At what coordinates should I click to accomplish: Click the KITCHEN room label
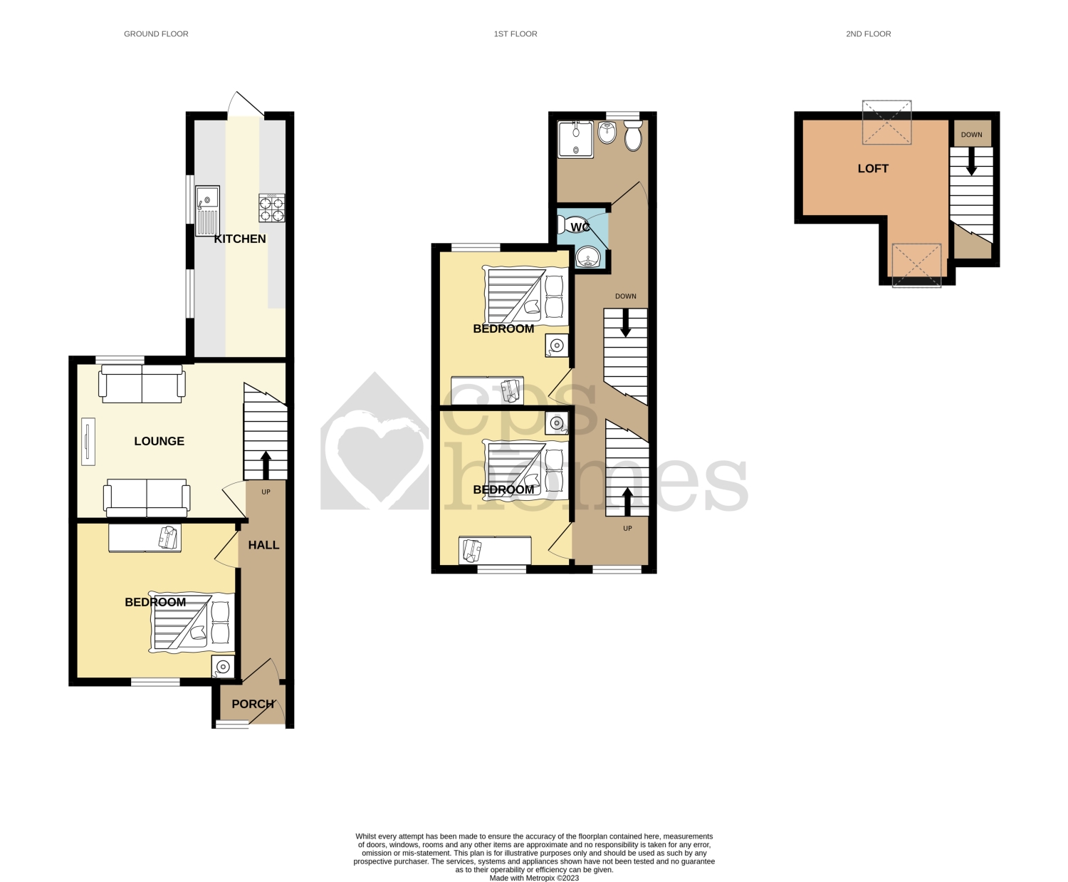point(240,239)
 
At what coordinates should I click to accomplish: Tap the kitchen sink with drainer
point(207,210)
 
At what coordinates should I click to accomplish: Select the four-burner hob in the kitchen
point(272,208)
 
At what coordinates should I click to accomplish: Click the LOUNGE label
point(159,441)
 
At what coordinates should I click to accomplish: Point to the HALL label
point(263,545)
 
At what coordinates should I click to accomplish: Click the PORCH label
point(253,704)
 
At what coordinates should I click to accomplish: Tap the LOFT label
point(873,168)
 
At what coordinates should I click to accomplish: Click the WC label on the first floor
point(580,227)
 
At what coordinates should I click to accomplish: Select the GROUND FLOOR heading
point(156,33)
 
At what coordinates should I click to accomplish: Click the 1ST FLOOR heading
point(515,33)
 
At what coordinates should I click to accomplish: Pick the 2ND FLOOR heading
point(868,33)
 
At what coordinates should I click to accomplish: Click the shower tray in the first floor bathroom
point(575,139)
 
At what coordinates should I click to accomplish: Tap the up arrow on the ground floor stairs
point(266,465)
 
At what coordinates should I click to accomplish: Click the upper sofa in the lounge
point(142,383)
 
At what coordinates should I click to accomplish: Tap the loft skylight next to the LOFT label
point(886,123)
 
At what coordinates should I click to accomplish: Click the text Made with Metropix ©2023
point(534,878)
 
